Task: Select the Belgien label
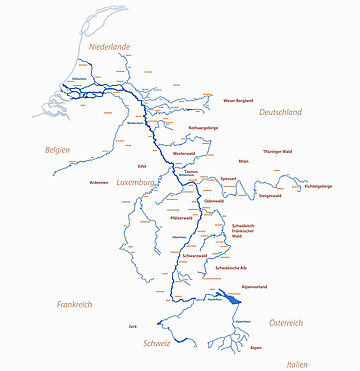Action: (x=57, y=149)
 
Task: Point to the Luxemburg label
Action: (x=138, y=184)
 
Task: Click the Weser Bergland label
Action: (x=242, y=100)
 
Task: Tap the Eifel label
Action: (x=143, y=167)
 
